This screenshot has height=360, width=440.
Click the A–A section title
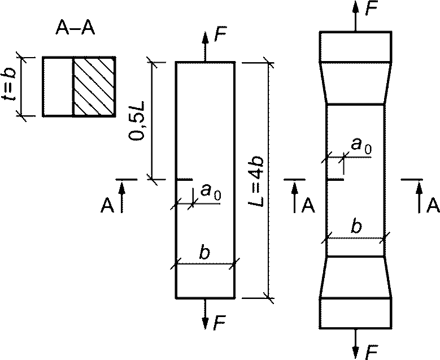tap(75, 28)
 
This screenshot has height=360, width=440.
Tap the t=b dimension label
tap(8, 86)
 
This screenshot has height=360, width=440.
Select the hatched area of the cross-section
tap(94, 87)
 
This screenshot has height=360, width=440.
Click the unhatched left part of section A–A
tap(58, 87)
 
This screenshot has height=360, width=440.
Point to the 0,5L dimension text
tap(137, 120)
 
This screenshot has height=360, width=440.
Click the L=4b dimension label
tap(256, 181)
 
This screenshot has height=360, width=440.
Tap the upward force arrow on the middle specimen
tap(206, 46)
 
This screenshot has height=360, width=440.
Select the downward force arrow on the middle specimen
tap(206, 314)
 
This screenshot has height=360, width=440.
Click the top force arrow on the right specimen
tap(355, 16)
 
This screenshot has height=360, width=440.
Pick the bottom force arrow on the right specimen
tap(355, 344)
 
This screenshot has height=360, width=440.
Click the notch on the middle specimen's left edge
tap(185, 179)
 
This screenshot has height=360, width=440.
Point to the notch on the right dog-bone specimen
tap(336, 179)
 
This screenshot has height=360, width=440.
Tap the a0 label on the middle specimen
tap(211, 192)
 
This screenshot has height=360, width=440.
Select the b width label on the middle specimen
tap(204, 253)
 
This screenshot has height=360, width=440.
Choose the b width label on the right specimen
tap(356, 227)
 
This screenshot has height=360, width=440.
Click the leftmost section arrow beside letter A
tap(121, 197)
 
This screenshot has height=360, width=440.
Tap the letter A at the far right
tap(433, 206)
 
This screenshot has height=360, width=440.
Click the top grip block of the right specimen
tap(355, 46)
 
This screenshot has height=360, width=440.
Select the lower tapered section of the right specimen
tap(355, 277)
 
